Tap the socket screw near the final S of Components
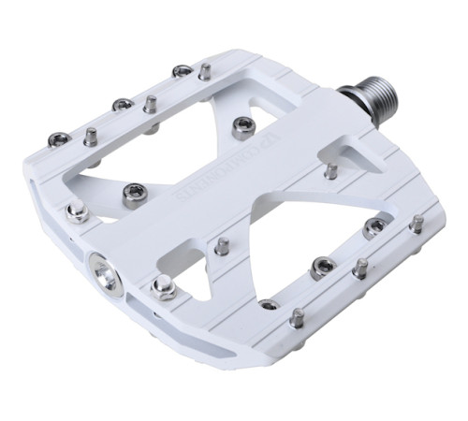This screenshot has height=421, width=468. click(132, 192)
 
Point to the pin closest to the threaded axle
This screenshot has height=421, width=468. click(331, 171)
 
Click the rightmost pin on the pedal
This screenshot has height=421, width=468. click(416, 224)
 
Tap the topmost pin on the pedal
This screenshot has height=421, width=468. click(203, 71)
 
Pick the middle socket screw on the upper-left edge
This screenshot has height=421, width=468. click(122, 104)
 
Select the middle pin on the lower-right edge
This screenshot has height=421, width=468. click(359, 269)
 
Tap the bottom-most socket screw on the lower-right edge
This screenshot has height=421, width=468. click(269, 304)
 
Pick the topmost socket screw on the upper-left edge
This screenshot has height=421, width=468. click(182, 71)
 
